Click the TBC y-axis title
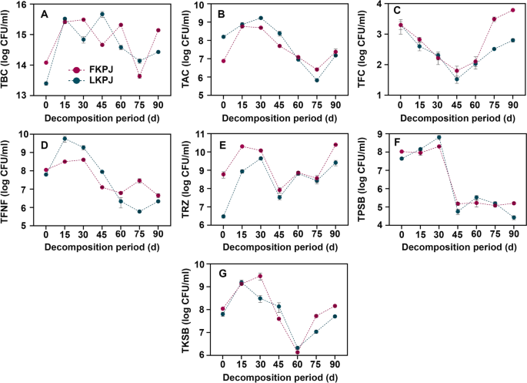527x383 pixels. pyautogui.click(x=10, y=49)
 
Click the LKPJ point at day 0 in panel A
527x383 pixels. pyautogui.click(x=46, y=83)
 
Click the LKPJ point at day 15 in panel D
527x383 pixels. pyautogui.click(x=65, y=139)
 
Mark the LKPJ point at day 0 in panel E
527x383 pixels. pyautogui.click(x=223, y=217)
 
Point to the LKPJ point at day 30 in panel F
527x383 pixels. pyautogui.click(x=439, y=137)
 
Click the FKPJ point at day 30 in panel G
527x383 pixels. pyautogui.click(x=261, y=276)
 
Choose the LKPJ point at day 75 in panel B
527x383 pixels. pyautogui.click(x=316, y=80)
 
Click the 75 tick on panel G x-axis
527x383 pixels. pyautogui.click(x=316, y=366)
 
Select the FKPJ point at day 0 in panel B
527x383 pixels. pyautogui.click(x=223, y=61)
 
